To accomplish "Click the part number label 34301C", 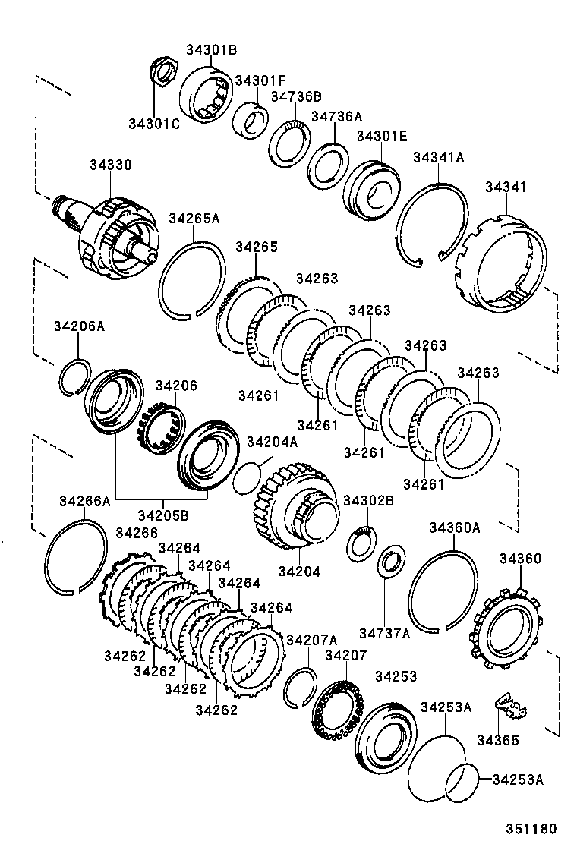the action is (153, 124).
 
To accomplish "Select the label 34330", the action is (110, 165).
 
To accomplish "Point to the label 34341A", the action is (438, 157).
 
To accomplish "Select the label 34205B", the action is (163, 515).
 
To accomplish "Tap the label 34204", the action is (299, 571).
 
